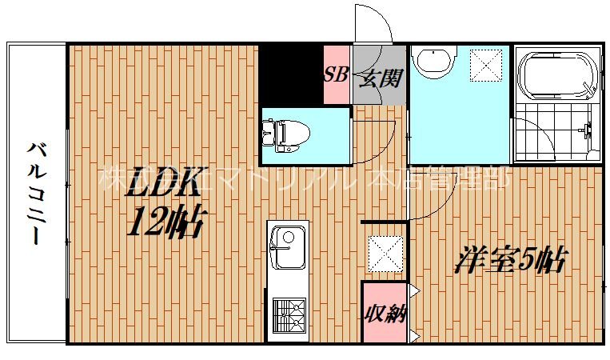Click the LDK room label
(165, 183)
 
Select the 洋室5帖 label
(512, 261)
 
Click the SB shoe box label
(334, 76)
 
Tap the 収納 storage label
(384, 312)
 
